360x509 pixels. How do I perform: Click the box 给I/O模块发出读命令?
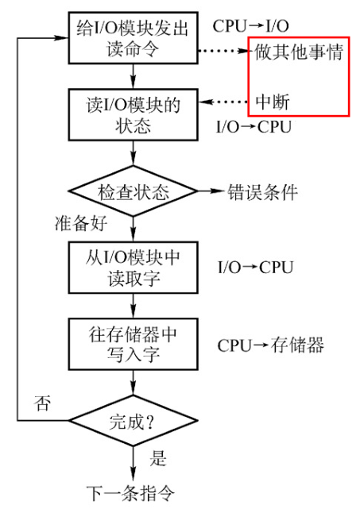133,37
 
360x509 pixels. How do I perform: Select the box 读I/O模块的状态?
133,114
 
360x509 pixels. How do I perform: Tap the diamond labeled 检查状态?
133,191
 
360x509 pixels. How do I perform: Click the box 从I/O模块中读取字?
133,268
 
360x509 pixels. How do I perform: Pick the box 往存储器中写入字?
133,344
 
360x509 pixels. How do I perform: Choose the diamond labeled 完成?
133,421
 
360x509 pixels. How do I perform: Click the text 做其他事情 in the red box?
299,52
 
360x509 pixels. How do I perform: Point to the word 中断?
273,102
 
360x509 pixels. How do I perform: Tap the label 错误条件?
262,192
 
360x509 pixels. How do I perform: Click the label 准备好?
81,223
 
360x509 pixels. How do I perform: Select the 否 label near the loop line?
42,403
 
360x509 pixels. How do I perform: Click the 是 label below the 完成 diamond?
158,458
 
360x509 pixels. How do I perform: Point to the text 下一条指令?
130,494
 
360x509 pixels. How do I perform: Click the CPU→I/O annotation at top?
250,26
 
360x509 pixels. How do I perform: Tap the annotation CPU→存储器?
270,345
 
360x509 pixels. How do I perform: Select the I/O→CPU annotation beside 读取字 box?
255,267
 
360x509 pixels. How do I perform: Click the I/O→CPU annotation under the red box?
254,126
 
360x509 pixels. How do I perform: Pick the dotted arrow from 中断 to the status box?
223,102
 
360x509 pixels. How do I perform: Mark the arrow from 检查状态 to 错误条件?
211,191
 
